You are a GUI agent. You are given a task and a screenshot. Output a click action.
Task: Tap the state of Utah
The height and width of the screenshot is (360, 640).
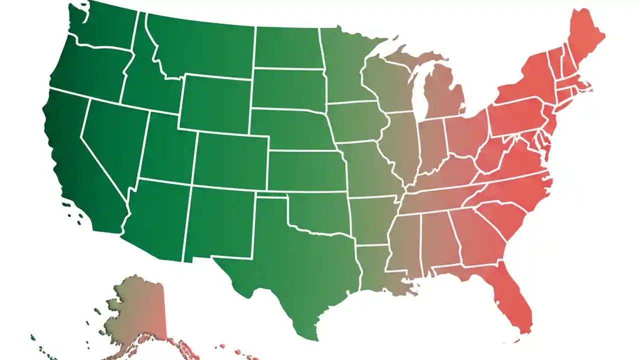(167, 150)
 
